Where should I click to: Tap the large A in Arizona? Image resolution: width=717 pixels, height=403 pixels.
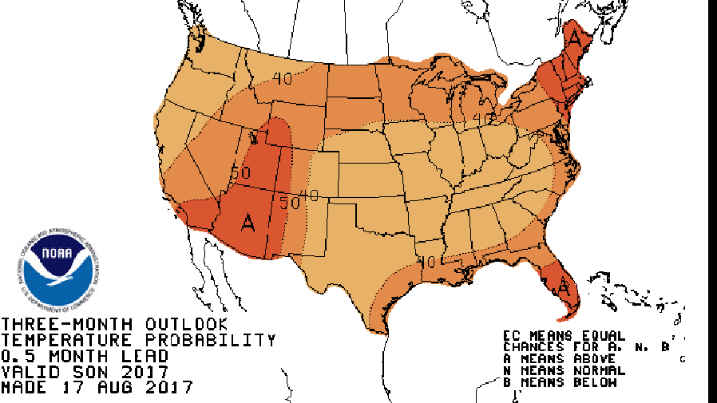248,222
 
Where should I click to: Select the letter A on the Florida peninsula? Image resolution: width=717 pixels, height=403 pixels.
564,286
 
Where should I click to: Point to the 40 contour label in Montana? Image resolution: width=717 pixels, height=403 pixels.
281,78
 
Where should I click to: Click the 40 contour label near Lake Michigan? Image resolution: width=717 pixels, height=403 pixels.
481,118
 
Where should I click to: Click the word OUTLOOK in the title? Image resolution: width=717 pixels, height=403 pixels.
186,325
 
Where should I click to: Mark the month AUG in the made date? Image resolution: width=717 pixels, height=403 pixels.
114,389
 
